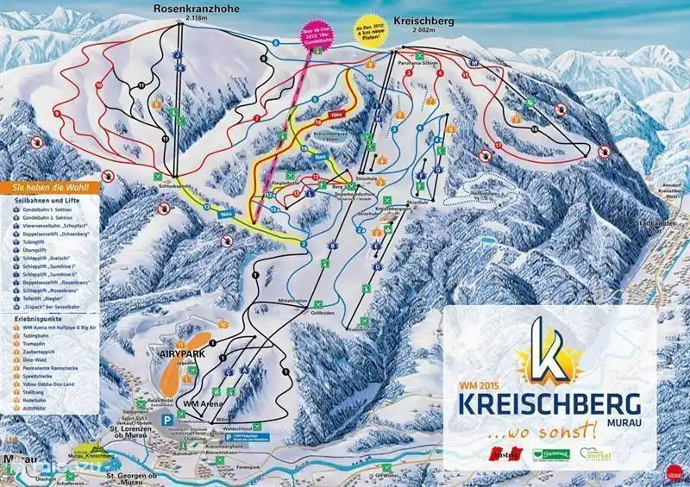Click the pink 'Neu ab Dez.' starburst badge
[317, 35]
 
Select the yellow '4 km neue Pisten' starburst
[369, 34]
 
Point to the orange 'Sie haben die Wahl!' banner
[50, 186]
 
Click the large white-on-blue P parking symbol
[166, 418]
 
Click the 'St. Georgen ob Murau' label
[135, 477]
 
